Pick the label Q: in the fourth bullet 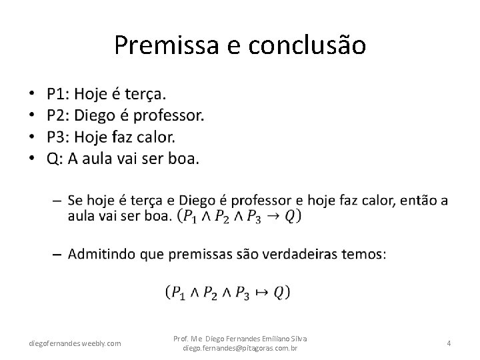[54, 158]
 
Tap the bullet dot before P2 [32, 115]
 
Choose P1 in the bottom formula [179, 292]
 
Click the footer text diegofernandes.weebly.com [75, 343]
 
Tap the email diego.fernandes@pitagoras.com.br [240, 348]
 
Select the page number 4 [449, 343]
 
